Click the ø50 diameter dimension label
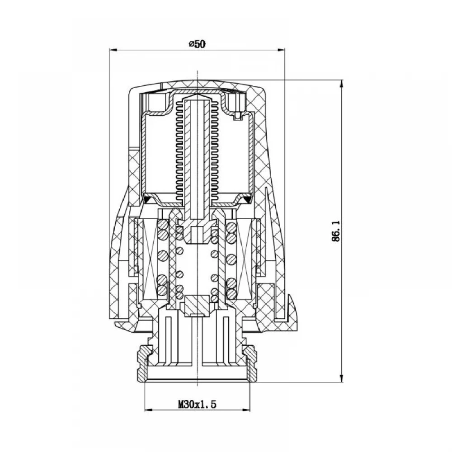pos(198,44)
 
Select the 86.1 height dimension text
pos(336,231)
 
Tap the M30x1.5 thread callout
pos(197,405)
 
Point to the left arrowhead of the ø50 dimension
pos(113,50)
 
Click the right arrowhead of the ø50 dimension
pos(281,50)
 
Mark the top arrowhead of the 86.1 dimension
pos(342,84)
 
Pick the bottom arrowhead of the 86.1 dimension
pos(342,378)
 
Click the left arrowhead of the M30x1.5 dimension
pos(148,410)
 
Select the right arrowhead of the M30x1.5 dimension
pos(246,410)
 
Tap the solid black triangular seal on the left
pos(148,199)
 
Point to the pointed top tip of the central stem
pos(197,94)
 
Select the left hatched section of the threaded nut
pos(145,364)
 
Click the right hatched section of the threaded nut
pos(250,364)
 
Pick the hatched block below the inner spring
pos(197,306)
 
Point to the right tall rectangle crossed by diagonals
pos(245,259)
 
